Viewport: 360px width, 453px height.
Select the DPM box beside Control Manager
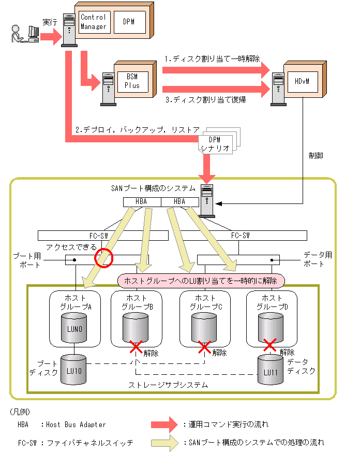(130, 22)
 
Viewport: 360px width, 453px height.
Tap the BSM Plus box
(133, 82)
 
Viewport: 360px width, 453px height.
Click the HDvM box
(303, 82)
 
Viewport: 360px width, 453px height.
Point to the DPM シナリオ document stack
(219, 141)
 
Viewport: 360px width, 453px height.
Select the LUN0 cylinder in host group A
(74, 328)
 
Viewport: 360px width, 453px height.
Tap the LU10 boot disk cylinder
(74, 370)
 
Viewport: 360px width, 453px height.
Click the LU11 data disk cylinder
(271, 370)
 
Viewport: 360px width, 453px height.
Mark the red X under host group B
(136, 347)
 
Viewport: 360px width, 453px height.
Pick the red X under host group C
(204, 347)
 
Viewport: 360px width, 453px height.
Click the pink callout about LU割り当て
(201, 281)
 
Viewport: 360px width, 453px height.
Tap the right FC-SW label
(241, 236)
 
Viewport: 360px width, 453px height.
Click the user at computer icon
(25, 34)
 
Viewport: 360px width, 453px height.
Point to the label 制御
(316, 156)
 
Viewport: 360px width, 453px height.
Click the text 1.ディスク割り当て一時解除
(213, 59)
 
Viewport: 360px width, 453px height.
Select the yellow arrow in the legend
(165, 443)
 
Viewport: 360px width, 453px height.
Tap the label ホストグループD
(272, 302)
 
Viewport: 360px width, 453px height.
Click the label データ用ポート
(317, 259)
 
